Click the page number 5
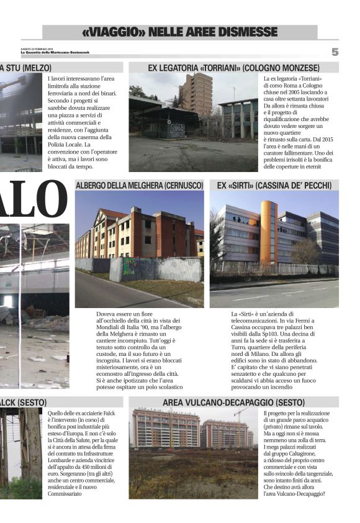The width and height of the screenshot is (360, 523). (x=335, y=52)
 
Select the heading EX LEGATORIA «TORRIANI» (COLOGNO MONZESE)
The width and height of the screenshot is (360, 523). (x=233, y=67)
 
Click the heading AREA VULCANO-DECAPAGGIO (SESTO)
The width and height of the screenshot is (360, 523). (x=233, y=402)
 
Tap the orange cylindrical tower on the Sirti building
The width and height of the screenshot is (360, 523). (x=268, y=231)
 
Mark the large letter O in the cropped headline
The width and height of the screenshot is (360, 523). (x=49, y=198)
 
